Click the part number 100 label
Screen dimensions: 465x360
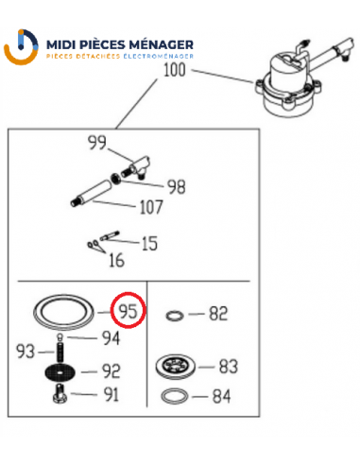coord(176,70)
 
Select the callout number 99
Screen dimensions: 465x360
coord(98,143)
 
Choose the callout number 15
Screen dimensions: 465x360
coord(149,244)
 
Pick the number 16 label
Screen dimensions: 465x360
coord(116,259)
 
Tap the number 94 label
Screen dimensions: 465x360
coord(111,337)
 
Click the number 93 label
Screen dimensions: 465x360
coord(26,352)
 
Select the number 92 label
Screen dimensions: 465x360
coord(111,370)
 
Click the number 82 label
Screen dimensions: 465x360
coord(218,313)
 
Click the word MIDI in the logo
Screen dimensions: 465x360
coord(66,44)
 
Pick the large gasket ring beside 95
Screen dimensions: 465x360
coord(59,310)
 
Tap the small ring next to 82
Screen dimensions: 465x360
coord(175,314)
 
